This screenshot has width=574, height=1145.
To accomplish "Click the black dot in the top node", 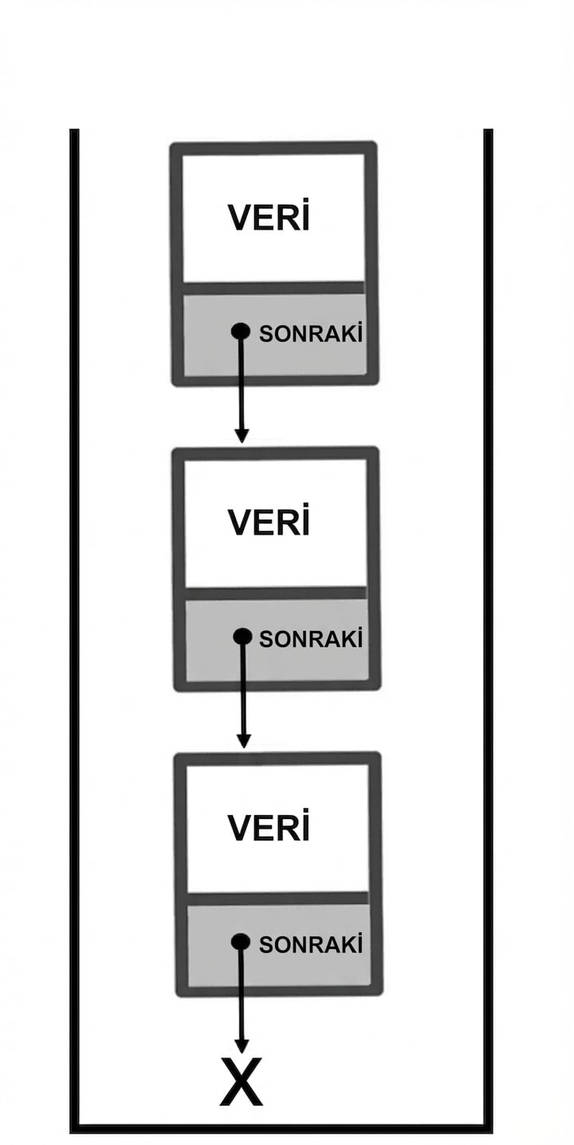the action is tap(241, 331).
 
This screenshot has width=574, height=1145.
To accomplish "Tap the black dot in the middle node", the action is tap(242, 637).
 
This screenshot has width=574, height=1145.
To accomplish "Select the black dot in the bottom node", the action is tap(241, 942).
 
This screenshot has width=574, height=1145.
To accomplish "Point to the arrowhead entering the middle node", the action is tap(242, 435).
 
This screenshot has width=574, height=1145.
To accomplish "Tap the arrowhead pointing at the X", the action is tap(242, 1046).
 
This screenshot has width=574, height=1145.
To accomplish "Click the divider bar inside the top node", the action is tap(273, 288).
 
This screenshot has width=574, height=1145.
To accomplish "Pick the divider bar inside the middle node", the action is tap(276, 593).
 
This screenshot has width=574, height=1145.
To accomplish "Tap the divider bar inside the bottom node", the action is tap(277, 899).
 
